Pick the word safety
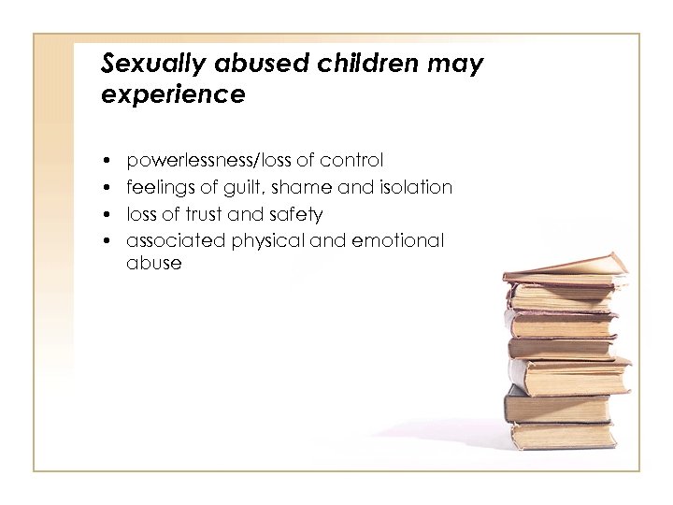pyautogui.click(x=297, y=214)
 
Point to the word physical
pyautogui.click(x=268, y=240)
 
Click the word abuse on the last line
pyautogui.click(x=154, y=263)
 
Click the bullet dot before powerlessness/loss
pyautogui.click(x=109, y=162)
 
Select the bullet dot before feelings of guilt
pyautogui.click(x=109, y=188)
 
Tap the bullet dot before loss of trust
pyautogui.click(x=109, y=214)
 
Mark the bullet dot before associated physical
pyautogui.click(x=109, y=241)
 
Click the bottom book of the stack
pyautogui.click(x=562, y=435)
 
